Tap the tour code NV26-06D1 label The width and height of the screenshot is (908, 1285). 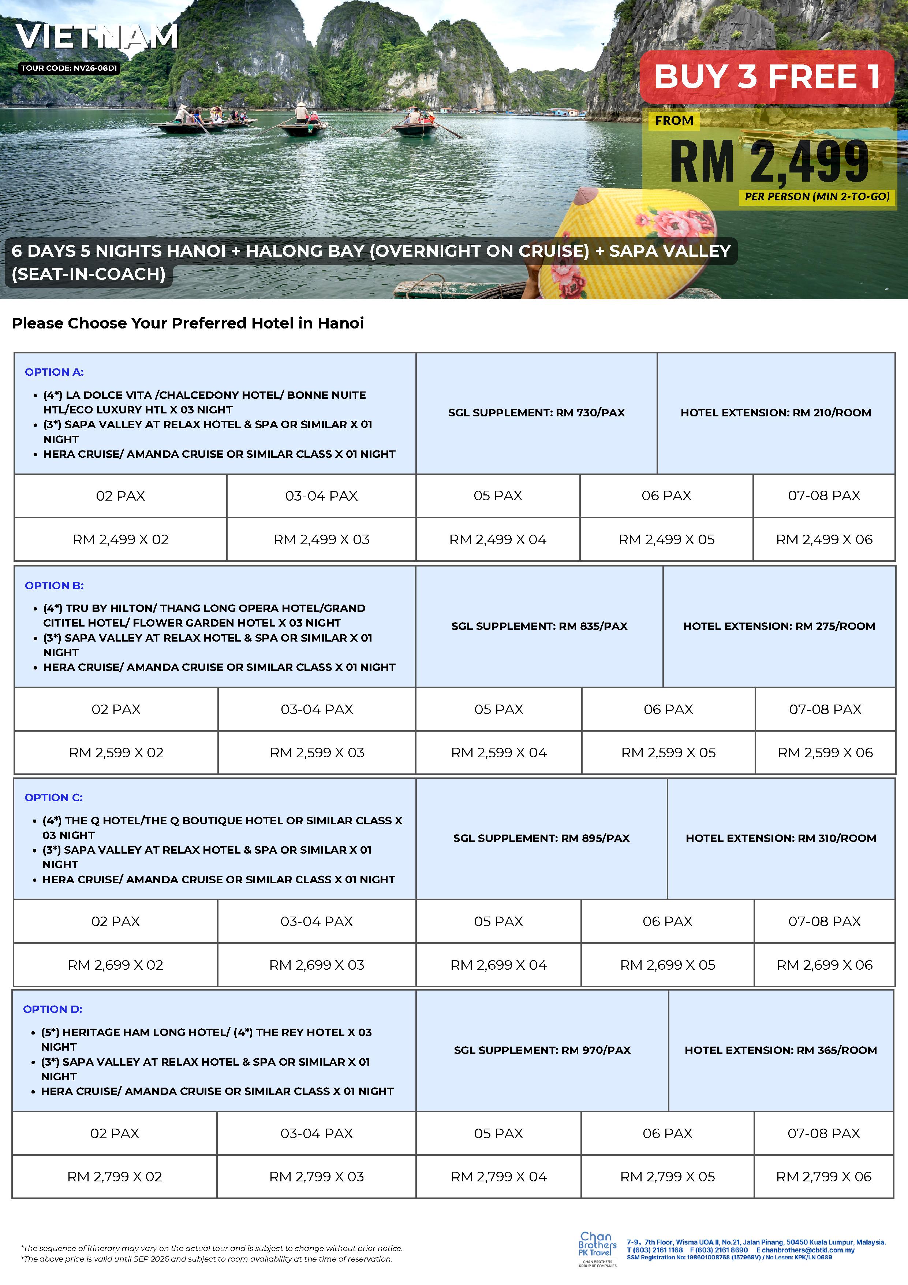[69, 68]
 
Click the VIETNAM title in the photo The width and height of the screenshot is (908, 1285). [97, 37]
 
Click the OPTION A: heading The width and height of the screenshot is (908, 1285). [54, 372]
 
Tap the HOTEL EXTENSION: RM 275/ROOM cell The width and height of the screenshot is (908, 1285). [779, 626]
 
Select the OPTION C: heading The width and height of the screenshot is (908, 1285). [54, 798]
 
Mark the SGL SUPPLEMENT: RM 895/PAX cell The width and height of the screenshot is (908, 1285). [541, 838]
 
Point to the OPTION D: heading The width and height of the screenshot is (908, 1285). [53, 1009]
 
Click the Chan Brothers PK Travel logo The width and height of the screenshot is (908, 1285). [598, 1248]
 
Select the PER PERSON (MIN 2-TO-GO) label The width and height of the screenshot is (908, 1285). [817, 196]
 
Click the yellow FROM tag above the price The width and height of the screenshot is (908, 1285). [674, 121]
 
